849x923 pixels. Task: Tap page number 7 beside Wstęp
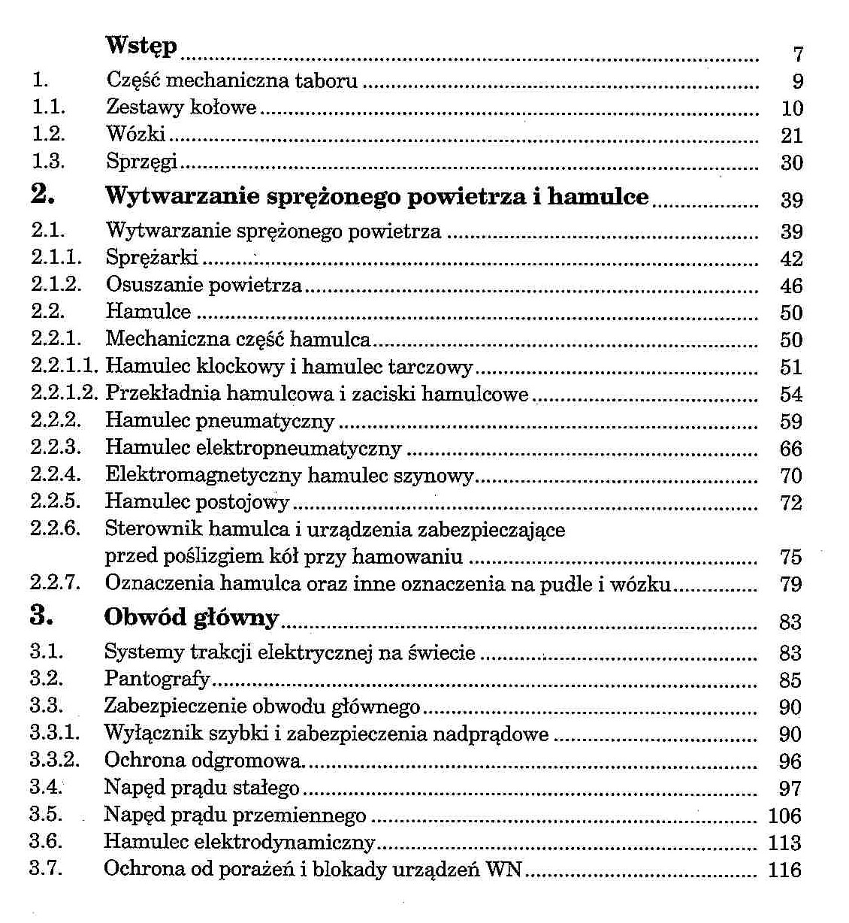click(x=798, y=54)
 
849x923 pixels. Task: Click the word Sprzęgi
click(x=141, y=162)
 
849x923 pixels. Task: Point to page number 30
click(x=792, y=162)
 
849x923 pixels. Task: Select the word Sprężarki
click(x=152, y=258)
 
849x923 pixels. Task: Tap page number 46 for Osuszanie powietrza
click(x=791, y=286)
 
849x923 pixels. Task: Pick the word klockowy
click(x=238, y=367)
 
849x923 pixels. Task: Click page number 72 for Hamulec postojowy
click(x=791, y=503)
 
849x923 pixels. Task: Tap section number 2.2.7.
click(x=55, y=583)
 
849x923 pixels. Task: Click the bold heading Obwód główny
click(x=192, y=618)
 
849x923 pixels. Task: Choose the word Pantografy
click(x=157, y=679)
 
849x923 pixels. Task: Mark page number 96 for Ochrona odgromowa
click(x=790, y=761)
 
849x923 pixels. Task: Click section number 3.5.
click(x=45, y=814)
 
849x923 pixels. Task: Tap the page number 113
click(x=784, y=843)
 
